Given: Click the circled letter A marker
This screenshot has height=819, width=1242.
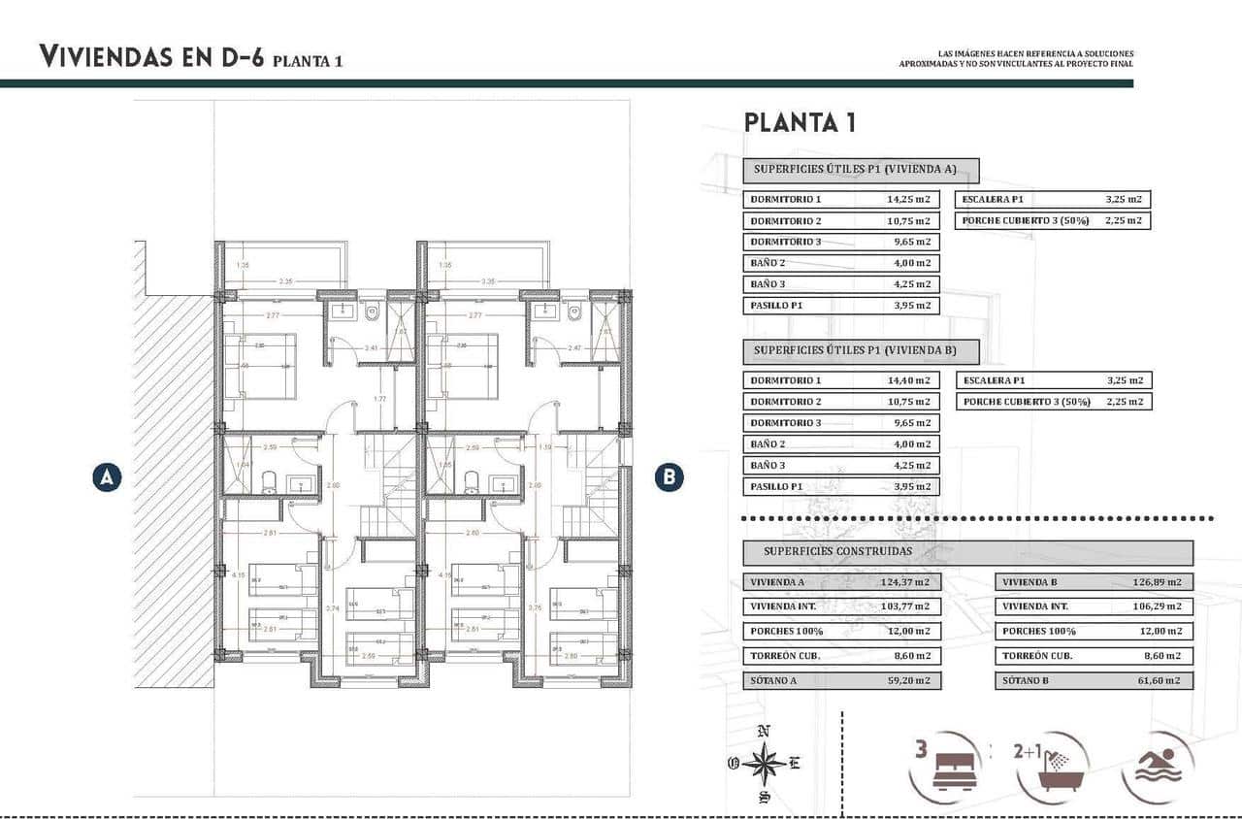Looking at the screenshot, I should click(107, 477).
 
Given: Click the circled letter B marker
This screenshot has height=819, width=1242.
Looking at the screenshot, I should click(669, 477).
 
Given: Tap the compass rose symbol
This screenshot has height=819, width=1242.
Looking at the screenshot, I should click(765, 764).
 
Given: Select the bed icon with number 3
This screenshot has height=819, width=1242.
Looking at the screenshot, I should click(946, 766).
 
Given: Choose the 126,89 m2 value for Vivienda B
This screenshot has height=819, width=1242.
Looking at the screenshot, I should click(1160, 582).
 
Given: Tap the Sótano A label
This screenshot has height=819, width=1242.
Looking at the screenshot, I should click(773, 681).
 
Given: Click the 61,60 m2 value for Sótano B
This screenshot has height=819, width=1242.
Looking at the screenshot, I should click(1160, 681).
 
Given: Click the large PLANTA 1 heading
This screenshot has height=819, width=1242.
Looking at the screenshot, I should click(799, 123).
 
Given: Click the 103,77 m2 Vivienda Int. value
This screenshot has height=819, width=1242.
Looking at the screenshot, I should click(907, 606).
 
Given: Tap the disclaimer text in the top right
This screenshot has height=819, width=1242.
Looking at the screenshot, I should click(1016, 59).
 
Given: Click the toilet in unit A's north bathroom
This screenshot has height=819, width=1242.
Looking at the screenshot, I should click(373, 313).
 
